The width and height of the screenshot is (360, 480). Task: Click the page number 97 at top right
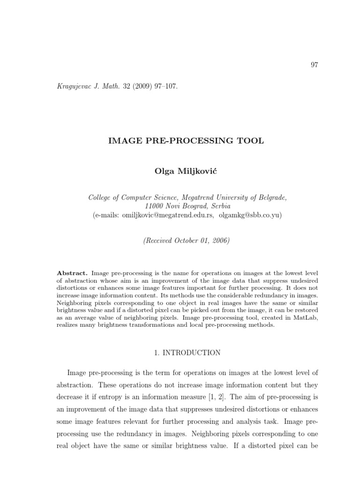coord(314,65)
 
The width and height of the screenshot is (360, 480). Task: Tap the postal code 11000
coord(156,206)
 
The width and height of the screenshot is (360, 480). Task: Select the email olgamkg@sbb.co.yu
coord(249,215)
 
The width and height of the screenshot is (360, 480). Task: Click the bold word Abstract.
coord(72,272)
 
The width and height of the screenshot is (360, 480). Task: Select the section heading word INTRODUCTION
coord(191,353)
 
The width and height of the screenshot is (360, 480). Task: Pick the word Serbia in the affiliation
coord(220,206)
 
